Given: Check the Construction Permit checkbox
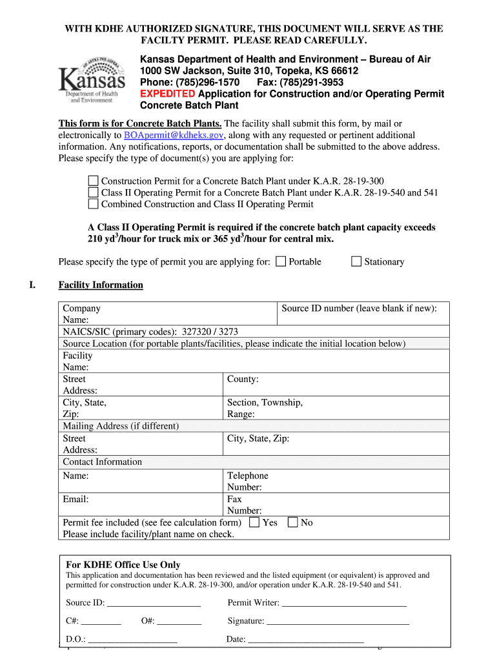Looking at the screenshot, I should coord(93,181).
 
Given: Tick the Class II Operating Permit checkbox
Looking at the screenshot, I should coord(93,192).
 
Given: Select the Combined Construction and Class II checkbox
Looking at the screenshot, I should coord(93,204).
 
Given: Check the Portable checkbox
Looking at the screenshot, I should coord(281,261).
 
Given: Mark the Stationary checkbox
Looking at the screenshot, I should coord(356,261).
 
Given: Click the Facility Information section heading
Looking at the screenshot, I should coord(101,285).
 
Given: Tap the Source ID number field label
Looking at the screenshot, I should coord(359,309).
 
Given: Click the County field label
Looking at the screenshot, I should coord(243,380).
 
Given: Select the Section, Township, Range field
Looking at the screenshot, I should coord(265,408).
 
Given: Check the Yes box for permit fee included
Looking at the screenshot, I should coord(254,522).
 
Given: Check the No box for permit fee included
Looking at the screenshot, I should coord(293,522).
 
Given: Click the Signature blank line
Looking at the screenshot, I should coord(338,622).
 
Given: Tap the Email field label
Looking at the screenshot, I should coord(76,499).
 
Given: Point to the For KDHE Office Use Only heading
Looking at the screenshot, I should coord(123,565).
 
